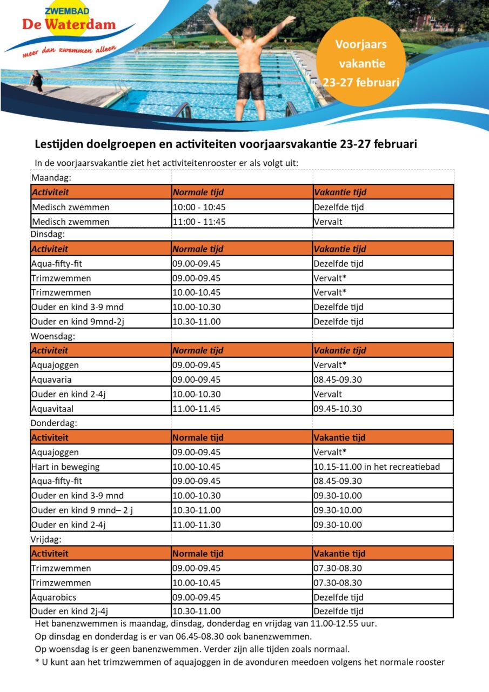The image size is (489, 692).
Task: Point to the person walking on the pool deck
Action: pyautogui.click(x=37, y=81)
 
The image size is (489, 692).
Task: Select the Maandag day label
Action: pyautogui.click(x=52, y=178)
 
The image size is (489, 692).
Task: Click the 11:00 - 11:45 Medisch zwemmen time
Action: pyautogui.click(x=199, y=222)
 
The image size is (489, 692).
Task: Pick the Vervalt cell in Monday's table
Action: pyautogui.click(x=328, y=222)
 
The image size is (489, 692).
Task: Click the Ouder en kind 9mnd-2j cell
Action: pyautogui.click(x=73, y=322)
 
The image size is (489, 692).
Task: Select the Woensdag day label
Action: pyautogui.click(x=53, y=336)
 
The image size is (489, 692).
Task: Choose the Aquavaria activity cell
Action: pyautogui.click(x=51, y=380)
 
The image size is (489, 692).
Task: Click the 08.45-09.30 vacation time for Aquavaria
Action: pyautogui.click(x=338, y=380)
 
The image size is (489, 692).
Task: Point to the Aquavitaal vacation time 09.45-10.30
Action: pyautogui.click(x=338, y=409)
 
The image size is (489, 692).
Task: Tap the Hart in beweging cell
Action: pyautogui.click(x=65, y=467)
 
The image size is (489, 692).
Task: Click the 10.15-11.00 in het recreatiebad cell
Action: pyautogui.click(x=377, y=467)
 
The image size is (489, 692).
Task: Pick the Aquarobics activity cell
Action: pyautogui.click(x=53, y=597)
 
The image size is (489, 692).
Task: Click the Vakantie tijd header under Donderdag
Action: pyautogui.click(x=340, y=437)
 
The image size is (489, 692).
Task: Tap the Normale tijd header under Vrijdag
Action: pyautogui.click(x=198, y=554)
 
